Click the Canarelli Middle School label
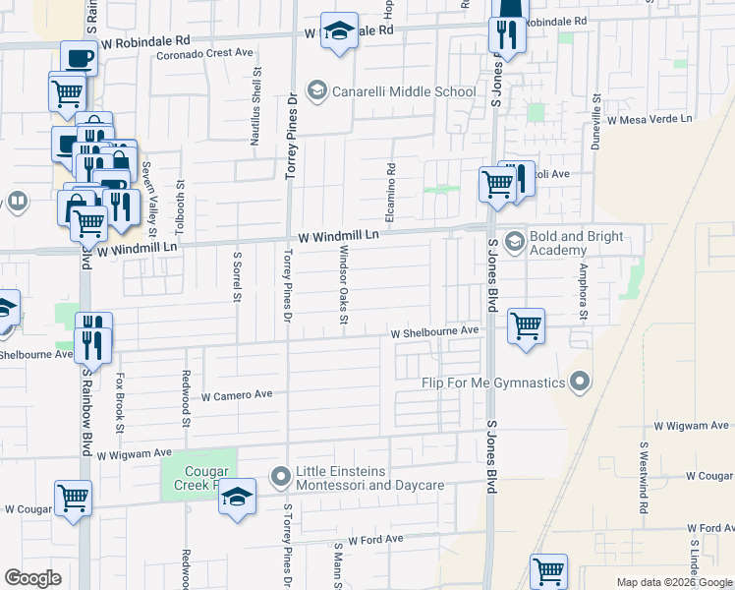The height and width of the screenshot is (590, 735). click(x=404, y=92)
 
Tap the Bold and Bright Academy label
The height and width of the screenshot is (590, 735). click(x=578, y=243)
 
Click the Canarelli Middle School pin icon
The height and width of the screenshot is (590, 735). click(x=316, y=91)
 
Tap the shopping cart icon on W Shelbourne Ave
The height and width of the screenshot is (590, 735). click(x=527, y=326)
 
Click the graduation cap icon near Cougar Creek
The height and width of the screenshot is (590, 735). click(x=237, y=498)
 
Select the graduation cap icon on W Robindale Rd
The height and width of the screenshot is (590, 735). click(x=339, y=31)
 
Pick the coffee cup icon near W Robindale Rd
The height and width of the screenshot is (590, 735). click(x=79, y=58)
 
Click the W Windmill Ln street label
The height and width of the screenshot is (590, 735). click(x=339, y=236)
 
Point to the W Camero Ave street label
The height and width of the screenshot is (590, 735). click(x=236, y=395)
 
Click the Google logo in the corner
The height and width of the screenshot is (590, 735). click(x=32, y=578)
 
